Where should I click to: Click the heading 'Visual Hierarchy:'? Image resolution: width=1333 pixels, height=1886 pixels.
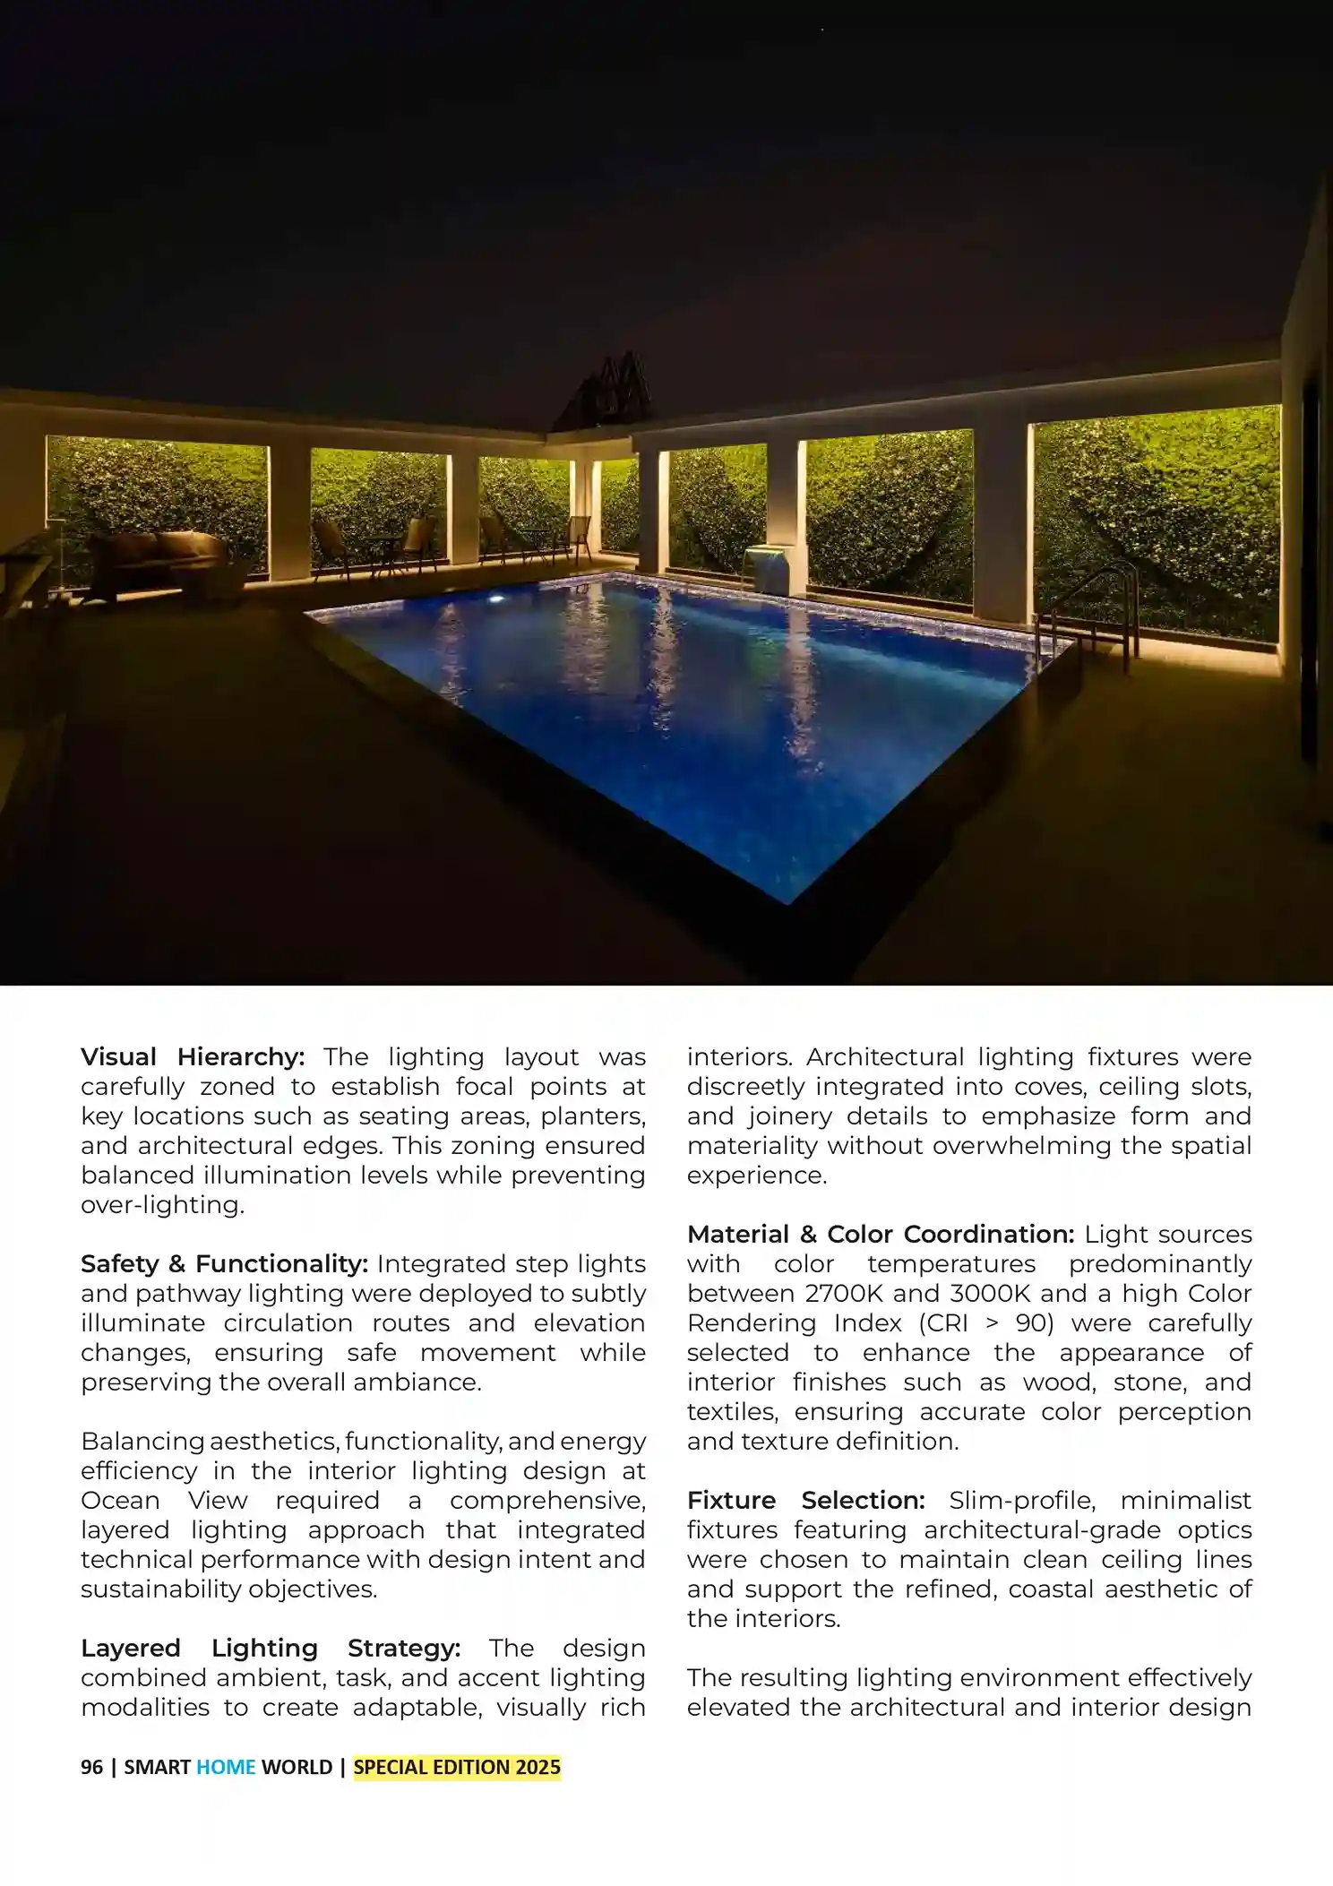193,1057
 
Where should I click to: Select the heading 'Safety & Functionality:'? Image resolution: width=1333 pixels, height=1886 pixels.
224,1264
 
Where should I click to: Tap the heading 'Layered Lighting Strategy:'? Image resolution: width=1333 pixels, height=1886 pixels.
271,1649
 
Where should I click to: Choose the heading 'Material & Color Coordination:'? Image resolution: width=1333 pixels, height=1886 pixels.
881,1235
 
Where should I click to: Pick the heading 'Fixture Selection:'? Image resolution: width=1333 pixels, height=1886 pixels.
806,1501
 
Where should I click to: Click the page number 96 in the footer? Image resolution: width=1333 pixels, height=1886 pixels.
91,1768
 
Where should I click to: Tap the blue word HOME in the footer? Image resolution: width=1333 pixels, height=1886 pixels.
226,1768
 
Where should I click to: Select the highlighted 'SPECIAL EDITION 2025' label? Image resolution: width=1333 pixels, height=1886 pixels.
457,1768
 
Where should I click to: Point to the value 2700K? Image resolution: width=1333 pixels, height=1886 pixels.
843,1294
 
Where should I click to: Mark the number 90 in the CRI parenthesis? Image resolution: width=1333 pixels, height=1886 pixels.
1034,1323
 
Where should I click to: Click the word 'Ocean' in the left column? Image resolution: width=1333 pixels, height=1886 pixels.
120,1501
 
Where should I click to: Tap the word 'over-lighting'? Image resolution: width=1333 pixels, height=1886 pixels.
161,1205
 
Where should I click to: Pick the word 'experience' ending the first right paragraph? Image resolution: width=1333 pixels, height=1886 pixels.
755,1176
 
